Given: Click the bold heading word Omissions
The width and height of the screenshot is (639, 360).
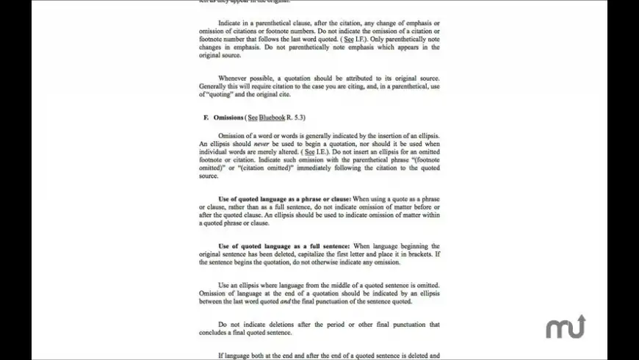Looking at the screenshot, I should (x=228, y=118).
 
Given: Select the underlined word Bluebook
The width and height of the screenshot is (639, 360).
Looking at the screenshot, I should (x=271, y=118).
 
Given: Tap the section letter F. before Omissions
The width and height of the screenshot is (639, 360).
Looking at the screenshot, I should (x=206, y=118).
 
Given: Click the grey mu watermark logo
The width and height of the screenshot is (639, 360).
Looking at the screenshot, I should (x=566, y=327).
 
